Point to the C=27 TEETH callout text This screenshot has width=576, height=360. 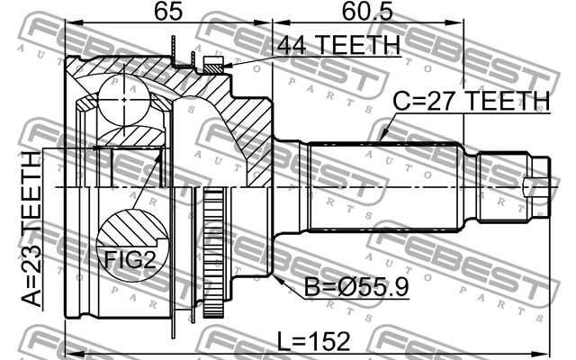(470, 101)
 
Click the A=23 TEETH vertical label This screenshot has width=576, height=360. (31, 229)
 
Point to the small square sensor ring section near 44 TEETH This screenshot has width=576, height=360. (212, 64)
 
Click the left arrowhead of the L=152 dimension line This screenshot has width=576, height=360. (70, 352)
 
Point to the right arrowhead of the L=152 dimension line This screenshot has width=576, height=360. (545, 352)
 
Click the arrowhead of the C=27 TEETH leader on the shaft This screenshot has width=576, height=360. (383, 141)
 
